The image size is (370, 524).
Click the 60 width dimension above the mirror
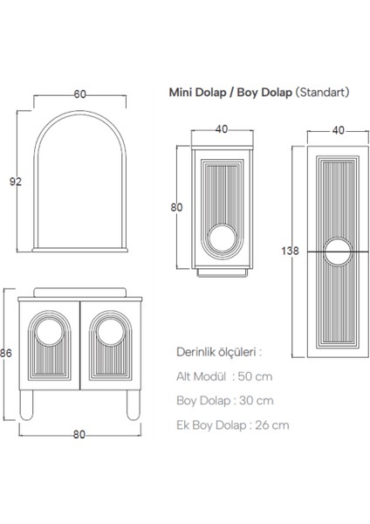click(79, 93)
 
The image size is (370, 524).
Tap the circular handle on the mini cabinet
click(223, 242)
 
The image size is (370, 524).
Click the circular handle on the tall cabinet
click(336, 251)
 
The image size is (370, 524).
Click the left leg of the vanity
click(31, 410)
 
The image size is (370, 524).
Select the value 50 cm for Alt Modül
click(256, 376)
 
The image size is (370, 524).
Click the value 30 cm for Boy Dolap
click(256, 401)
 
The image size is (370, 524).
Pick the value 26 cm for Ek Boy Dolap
click(271, 425)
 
